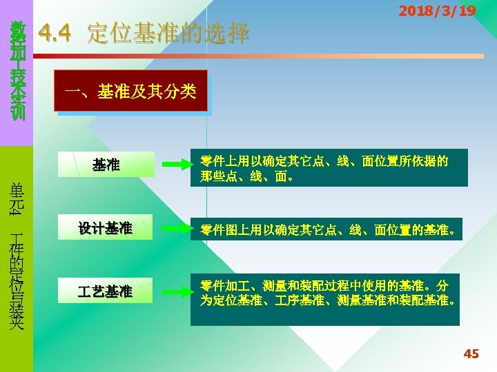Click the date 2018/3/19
click(x=437, y=11)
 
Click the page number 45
click(x=471, y=354)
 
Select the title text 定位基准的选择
click(x=168, y=33)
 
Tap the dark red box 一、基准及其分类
click(x=132, y=91)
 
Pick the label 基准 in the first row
click(x=106, y=165)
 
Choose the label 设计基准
click(x=106, y=229)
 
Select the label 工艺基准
click(x=106, y=291)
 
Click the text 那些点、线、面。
click(x=247, y=176)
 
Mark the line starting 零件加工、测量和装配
click(x=324, y=285)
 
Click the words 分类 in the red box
click(x=182, y=91)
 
